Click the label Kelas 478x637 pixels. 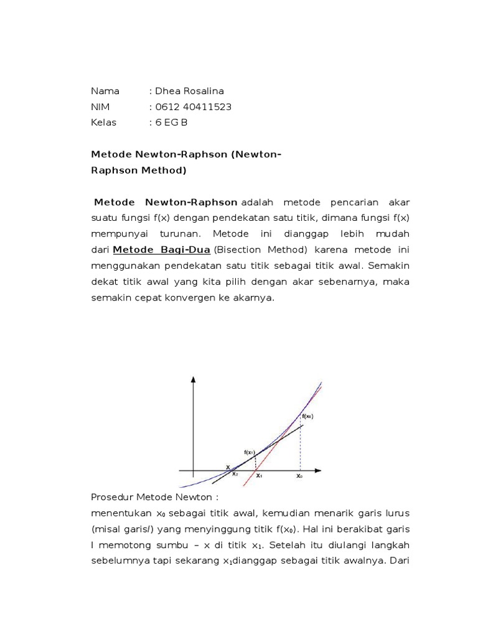click(x=104, y=123)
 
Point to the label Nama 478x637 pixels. click(x=105, y=91)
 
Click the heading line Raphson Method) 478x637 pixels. click(x=138, y=170)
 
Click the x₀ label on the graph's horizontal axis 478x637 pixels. click(x=299, y=476)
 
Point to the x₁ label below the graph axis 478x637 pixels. click(x=259, y=476)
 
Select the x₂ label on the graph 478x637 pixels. click(x=235, y=474)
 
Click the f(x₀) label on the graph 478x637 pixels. click(x=307, y=416)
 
